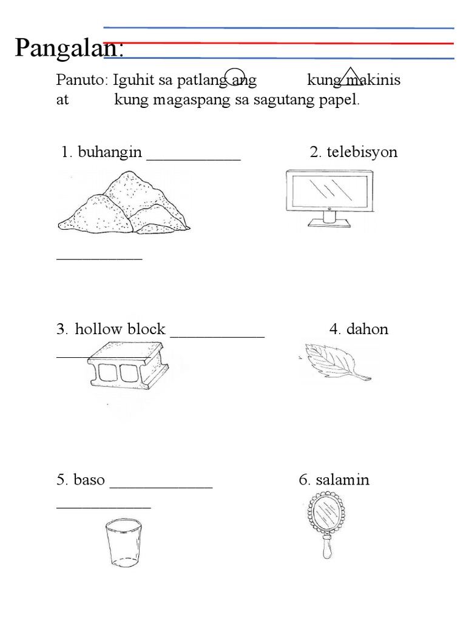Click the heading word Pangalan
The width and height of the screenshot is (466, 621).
click(69, 49)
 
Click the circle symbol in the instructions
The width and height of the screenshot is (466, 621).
click(235, 76)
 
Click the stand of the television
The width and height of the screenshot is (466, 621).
click(329, 219)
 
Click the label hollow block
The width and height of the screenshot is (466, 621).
click(120, 329)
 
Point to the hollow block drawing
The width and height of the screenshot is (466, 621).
click(128, 371)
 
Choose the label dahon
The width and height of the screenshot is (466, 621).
click(367, 329)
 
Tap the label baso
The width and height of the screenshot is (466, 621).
click(89, 480)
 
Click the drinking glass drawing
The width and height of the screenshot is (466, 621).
click(123, 542)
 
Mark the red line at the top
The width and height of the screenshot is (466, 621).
click(279, 43)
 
